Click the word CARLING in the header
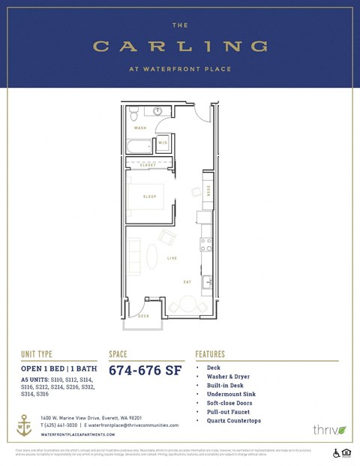180,47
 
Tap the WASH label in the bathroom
140,128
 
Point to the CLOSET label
148,164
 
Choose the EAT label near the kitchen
187,281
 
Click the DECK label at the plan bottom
143,316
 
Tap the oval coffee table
151,253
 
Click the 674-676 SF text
145,369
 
